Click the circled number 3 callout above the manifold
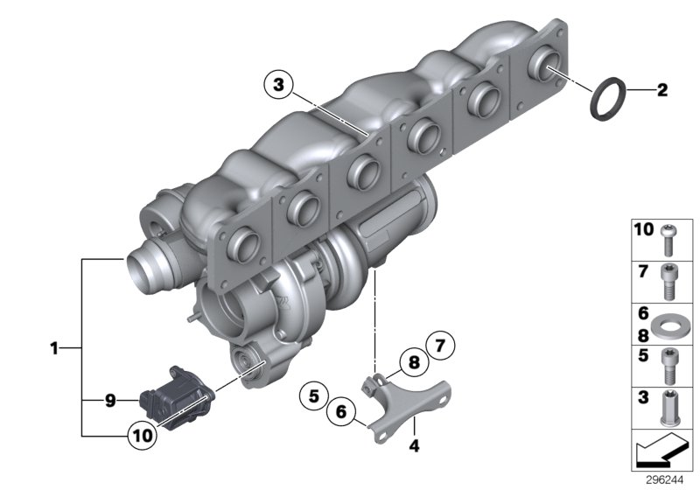(x=278, y=85)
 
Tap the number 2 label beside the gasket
(x=662, y=89)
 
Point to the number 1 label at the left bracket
(x=53, y=348)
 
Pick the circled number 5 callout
(x=312, y=395)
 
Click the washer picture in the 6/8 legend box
(x=669, y=325)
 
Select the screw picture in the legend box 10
(x=669, y=234)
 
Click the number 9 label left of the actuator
(x=110, y=401)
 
